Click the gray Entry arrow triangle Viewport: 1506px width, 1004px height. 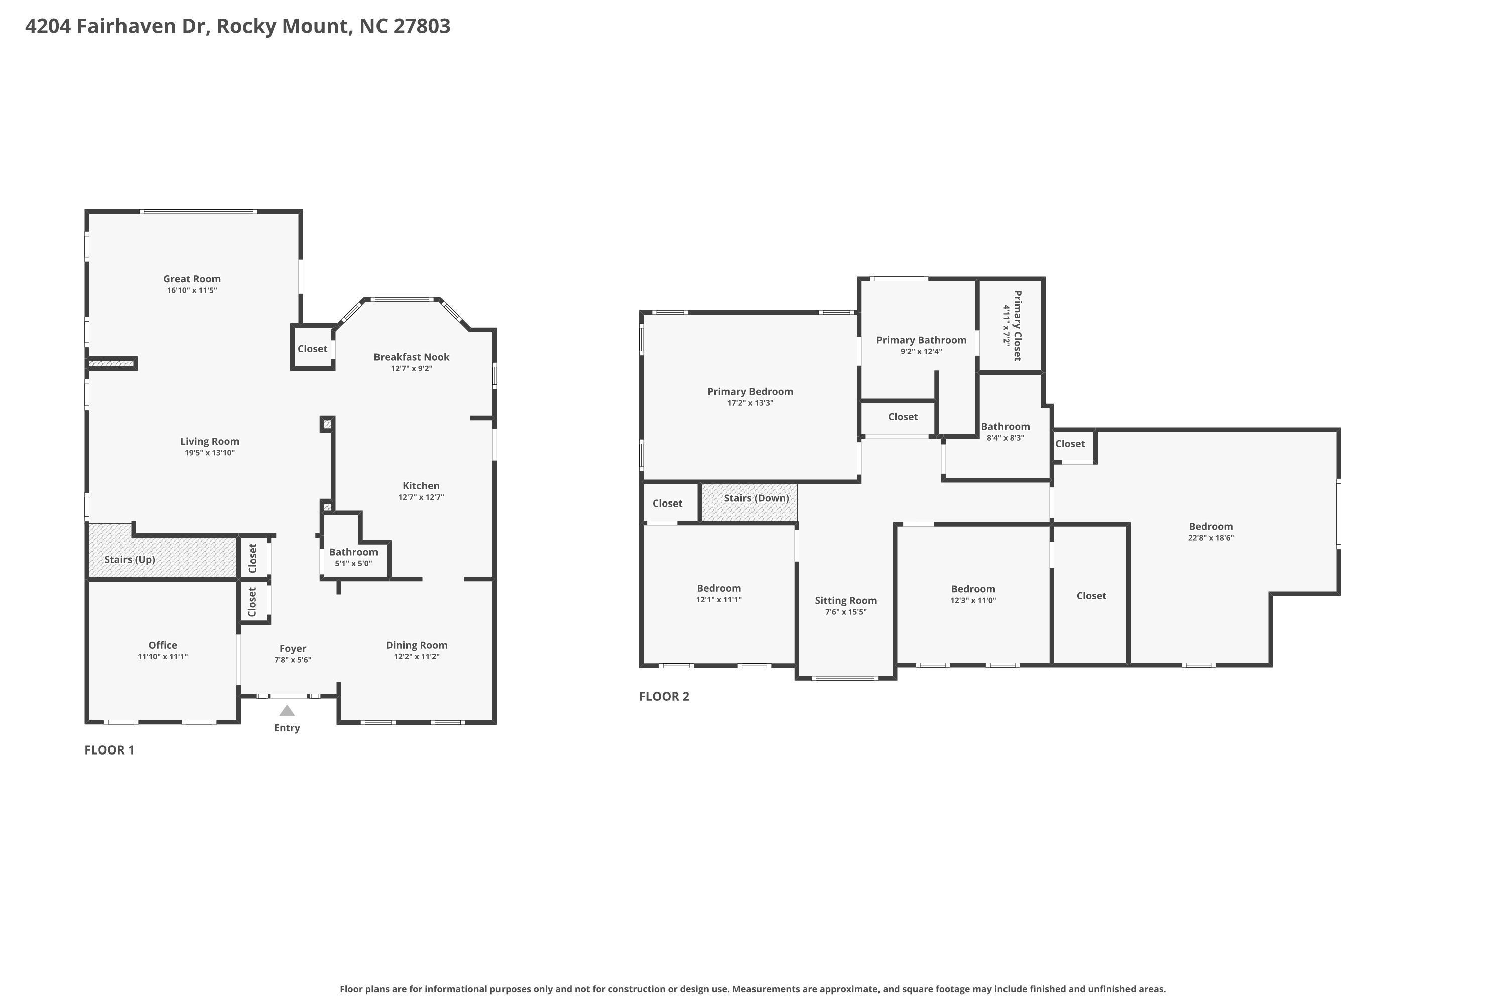[x=287, y=711]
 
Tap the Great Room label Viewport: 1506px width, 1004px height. [x=192, y=279]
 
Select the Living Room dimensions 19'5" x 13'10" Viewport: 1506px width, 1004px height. [x=210, y=453]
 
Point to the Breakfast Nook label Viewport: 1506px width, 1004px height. [x=412, y=357]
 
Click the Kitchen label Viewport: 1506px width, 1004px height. [x=421, y=486]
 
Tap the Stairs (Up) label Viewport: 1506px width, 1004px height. [x=130, y=560]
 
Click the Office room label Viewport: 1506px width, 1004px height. [x=163, y=645]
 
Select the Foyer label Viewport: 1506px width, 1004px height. [x=293, y=649]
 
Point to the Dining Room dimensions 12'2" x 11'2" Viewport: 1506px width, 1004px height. [x=417, y=656]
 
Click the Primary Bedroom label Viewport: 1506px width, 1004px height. [x=750, y=391]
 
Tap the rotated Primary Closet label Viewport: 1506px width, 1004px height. [x=1018, y=326]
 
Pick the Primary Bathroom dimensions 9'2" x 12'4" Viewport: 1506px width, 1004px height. [x=921, y=351]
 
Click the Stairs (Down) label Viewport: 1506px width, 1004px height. [x=756, y=498]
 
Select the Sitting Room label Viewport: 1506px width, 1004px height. [x=846, y=600]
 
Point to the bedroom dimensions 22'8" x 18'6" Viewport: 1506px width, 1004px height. [x=1211, y=538]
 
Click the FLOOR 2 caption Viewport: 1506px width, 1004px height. [x=664, y=697]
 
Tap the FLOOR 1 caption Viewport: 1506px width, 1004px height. [x=109, y=750]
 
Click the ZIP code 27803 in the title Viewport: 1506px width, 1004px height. [x=422, y=26]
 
